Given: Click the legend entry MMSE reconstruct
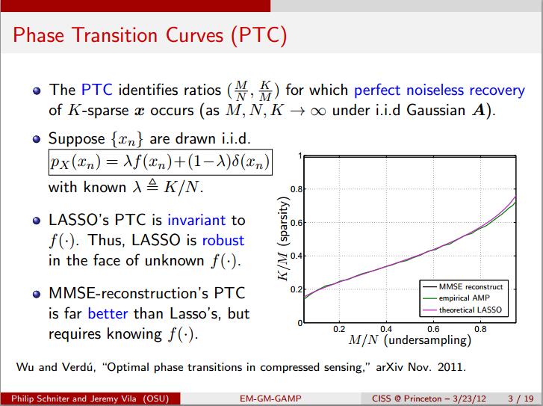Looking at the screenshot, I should coord(471,287).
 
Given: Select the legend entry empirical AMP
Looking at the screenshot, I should coord(465,298).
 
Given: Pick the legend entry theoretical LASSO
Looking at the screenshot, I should coord(471,308).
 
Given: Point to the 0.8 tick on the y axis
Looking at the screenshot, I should coord(295,189).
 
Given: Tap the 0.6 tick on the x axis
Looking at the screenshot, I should coord(433,328).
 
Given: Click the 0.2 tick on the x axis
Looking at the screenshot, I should coord(338,328).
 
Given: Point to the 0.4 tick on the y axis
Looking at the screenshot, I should coord(295,256).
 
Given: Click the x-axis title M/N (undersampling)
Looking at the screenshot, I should coord(410,341).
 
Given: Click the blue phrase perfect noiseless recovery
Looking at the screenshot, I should coord(439,90).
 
